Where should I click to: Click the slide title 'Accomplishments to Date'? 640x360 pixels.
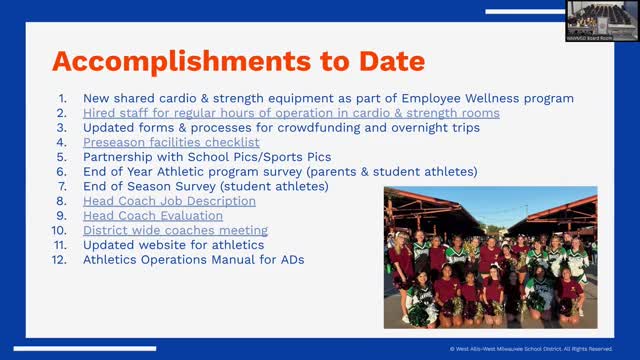point(238,61)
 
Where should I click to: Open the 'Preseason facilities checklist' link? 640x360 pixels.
point(171,143)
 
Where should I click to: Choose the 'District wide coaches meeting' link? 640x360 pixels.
point(175,230)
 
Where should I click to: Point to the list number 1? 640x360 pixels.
point(63,98)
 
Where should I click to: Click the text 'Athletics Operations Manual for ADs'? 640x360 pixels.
point(194,259)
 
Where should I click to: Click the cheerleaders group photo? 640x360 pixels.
point(490,257)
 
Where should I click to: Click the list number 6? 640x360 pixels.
point(63,172)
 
